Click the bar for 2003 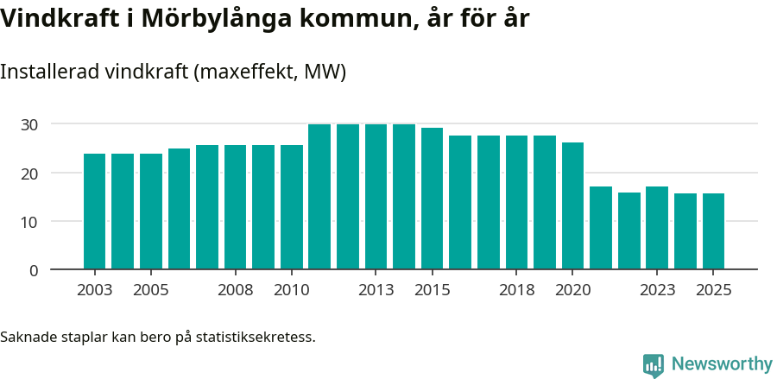coord(94,212)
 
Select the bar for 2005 coord(150,212)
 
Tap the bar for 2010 coord(292,207)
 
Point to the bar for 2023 coord(657,228)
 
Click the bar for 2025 coord(713,231)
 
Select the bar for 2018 coord(516,202)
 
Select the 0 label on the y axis coord(34,270)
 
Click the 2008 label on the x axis coord(235,290)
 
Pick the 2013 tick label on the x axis coord(376,290)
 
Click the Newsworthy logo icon coord(654,364)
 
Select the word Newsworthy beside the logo coord(721,364)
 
